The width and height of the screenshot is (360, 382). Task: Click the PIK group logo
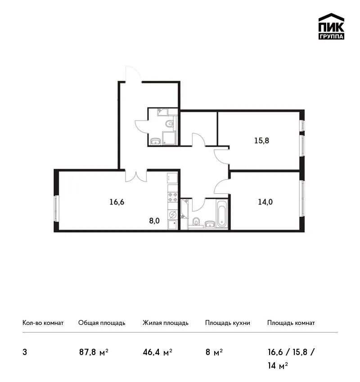(x=331, y=27)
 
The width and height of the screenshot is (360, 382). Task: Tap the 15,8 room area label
(x=261, y=141)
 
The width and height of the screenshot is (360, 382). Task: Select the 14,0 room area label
(x=265, y=202)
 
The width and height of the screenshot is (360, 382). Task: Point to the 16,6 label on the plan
(x=117, y=202)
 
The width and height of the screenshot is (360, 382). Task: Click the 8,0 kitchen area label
(x=154, y=221)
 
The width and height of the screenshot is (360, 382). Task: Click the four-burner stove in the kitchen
(x=173, y=197)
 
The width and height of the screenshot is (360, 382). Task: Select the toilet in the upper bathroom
(x=170, y=124)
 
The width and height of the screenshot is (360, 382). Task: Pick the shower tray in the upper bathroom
(x=169, y=138)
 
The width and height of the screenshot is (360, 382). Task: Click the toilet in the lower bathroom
(x=196, y=222)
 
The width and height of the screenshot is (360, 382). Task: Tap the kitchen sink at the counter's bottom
(x=173, y=225)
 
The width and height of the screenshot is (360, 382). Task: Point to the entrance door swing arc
(x=133, y=73)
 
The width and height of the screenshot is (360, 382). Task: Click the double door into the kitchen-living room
(x=136, y=176)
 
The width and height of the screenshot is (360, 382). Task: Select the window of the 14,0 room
(x=302, y=199)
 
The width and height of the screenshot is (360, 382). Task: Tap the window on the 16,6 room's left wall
(x=56, y=209)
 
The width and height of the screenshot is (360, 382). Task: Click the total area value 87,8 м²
(x=94, y=352)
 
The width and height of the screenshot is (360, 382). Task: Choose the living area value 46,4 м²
(x=157, y=352)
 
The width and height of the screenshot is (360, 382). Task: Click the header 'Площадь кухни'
(x=228, y=323)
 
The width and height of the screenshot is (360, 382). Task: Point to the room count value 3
(x=25, y=352)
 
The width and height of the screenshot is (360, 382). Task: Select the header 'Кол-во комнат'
(x=43, y=323)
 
